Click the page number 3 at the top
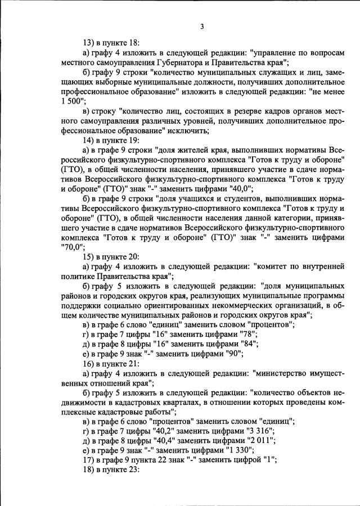(201, 26)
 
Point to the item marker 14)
(89, 140)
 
